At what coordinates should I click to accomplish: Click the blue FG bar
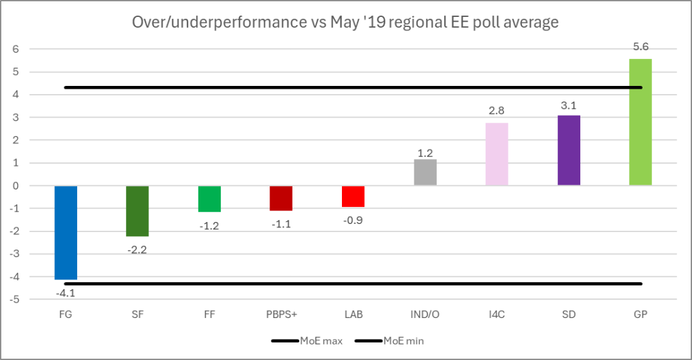coord(66,232)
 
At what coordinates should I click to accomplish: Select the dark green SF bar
coord(137,210)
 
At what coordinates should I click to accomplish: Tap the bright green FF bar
coord(209,199)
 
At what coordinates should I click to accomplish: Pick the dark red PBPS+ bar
coord(281,198)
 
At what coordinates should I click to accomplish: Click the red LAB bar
coord(353,196)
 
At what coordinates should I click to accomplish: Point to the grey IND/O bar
coord(425,173)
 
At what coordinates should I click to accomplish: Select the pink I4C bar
coord(496,154)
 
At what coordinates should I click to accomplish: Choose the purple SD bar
coord(569,151)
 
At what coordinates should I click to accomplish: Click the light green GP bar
coord(641,122)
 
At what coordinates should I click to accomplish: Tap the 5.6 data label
coord(641,47)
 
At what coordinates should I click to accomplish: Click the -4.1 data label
coord(66,293)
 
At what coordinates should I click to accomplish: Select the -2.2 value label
coord(137,250)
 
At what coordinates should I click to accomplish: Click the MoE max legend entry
coord(307,341)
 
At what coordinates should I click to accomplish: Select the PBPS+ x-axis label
coord(281,315)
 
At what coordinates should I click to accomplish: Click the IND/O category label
coord(425,315)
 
